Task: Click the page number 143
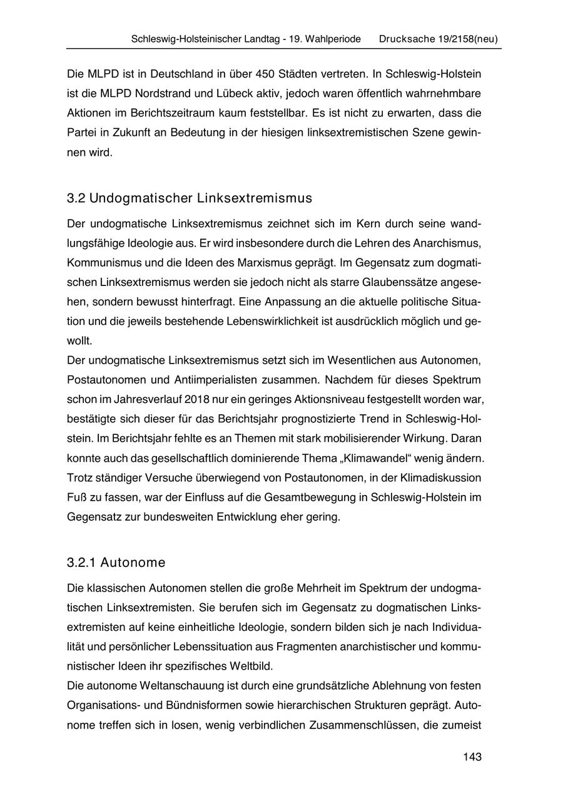pos(472,757)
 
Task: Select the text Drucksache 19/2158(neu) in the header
pos(438,39)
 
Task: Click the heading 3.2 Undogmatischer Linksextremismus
pos(189,198)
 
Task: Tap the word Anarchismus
pos(449,242)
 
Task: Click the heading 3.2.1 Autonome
pos(116,563)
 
